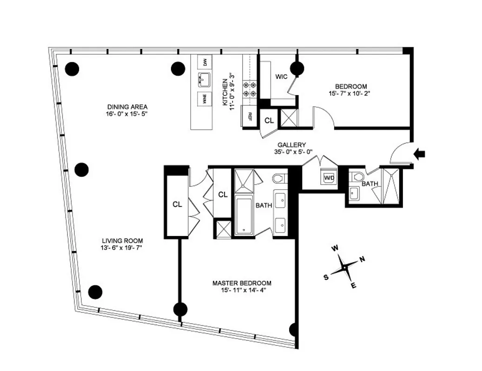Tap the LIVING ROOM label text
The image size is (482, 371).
pyautogui.click(x=122, y=241)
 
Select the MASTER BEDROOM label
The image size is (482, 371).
pyautogui.click(x=242, y=283)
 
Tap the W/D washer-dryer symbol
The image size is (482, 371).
pyautogui.click(x=329, y=178)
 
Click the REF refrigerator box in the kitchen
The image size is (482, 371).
pyautogui.click(x=250, y=116)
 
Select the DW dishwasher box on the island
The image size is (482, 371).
pyautogui.click(x=205, y=62)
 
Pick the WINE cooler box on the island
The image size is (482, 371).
pyautogui.click(x=204, y=100)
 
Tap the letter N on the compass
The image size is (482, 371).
pyautogui.click(x=362, y=259)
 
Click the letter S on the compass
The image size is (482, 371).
pyautogui.click(x=326, y=277)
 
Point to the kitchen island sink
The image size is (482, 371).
pyautogui.click(x=204, y=80)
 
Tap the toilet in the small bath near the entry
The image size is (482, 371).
pyautogui.click(x=358, y=176)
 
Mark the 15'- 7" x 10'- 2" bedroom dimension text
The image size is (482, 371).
pyautogui.click(x=351, y=93)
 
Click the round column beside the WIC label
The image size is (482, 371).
pyautogui.click(x=297, y=69)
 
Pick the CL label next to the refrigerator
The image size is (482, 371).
pyautogui.click(x=269, y=121)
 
